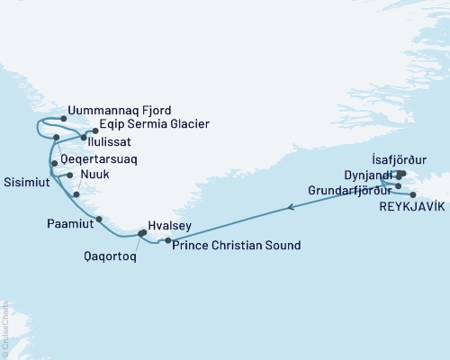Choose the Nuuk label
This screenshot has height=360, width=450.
tap(95, 175)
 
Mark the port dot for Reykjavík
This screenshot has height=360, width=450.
tap(412, 194)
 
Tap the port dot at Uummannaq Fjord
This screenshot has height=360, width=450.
tap(63, 117)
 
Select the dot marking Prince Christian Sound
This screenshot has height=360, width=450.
tap(169, 240)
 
